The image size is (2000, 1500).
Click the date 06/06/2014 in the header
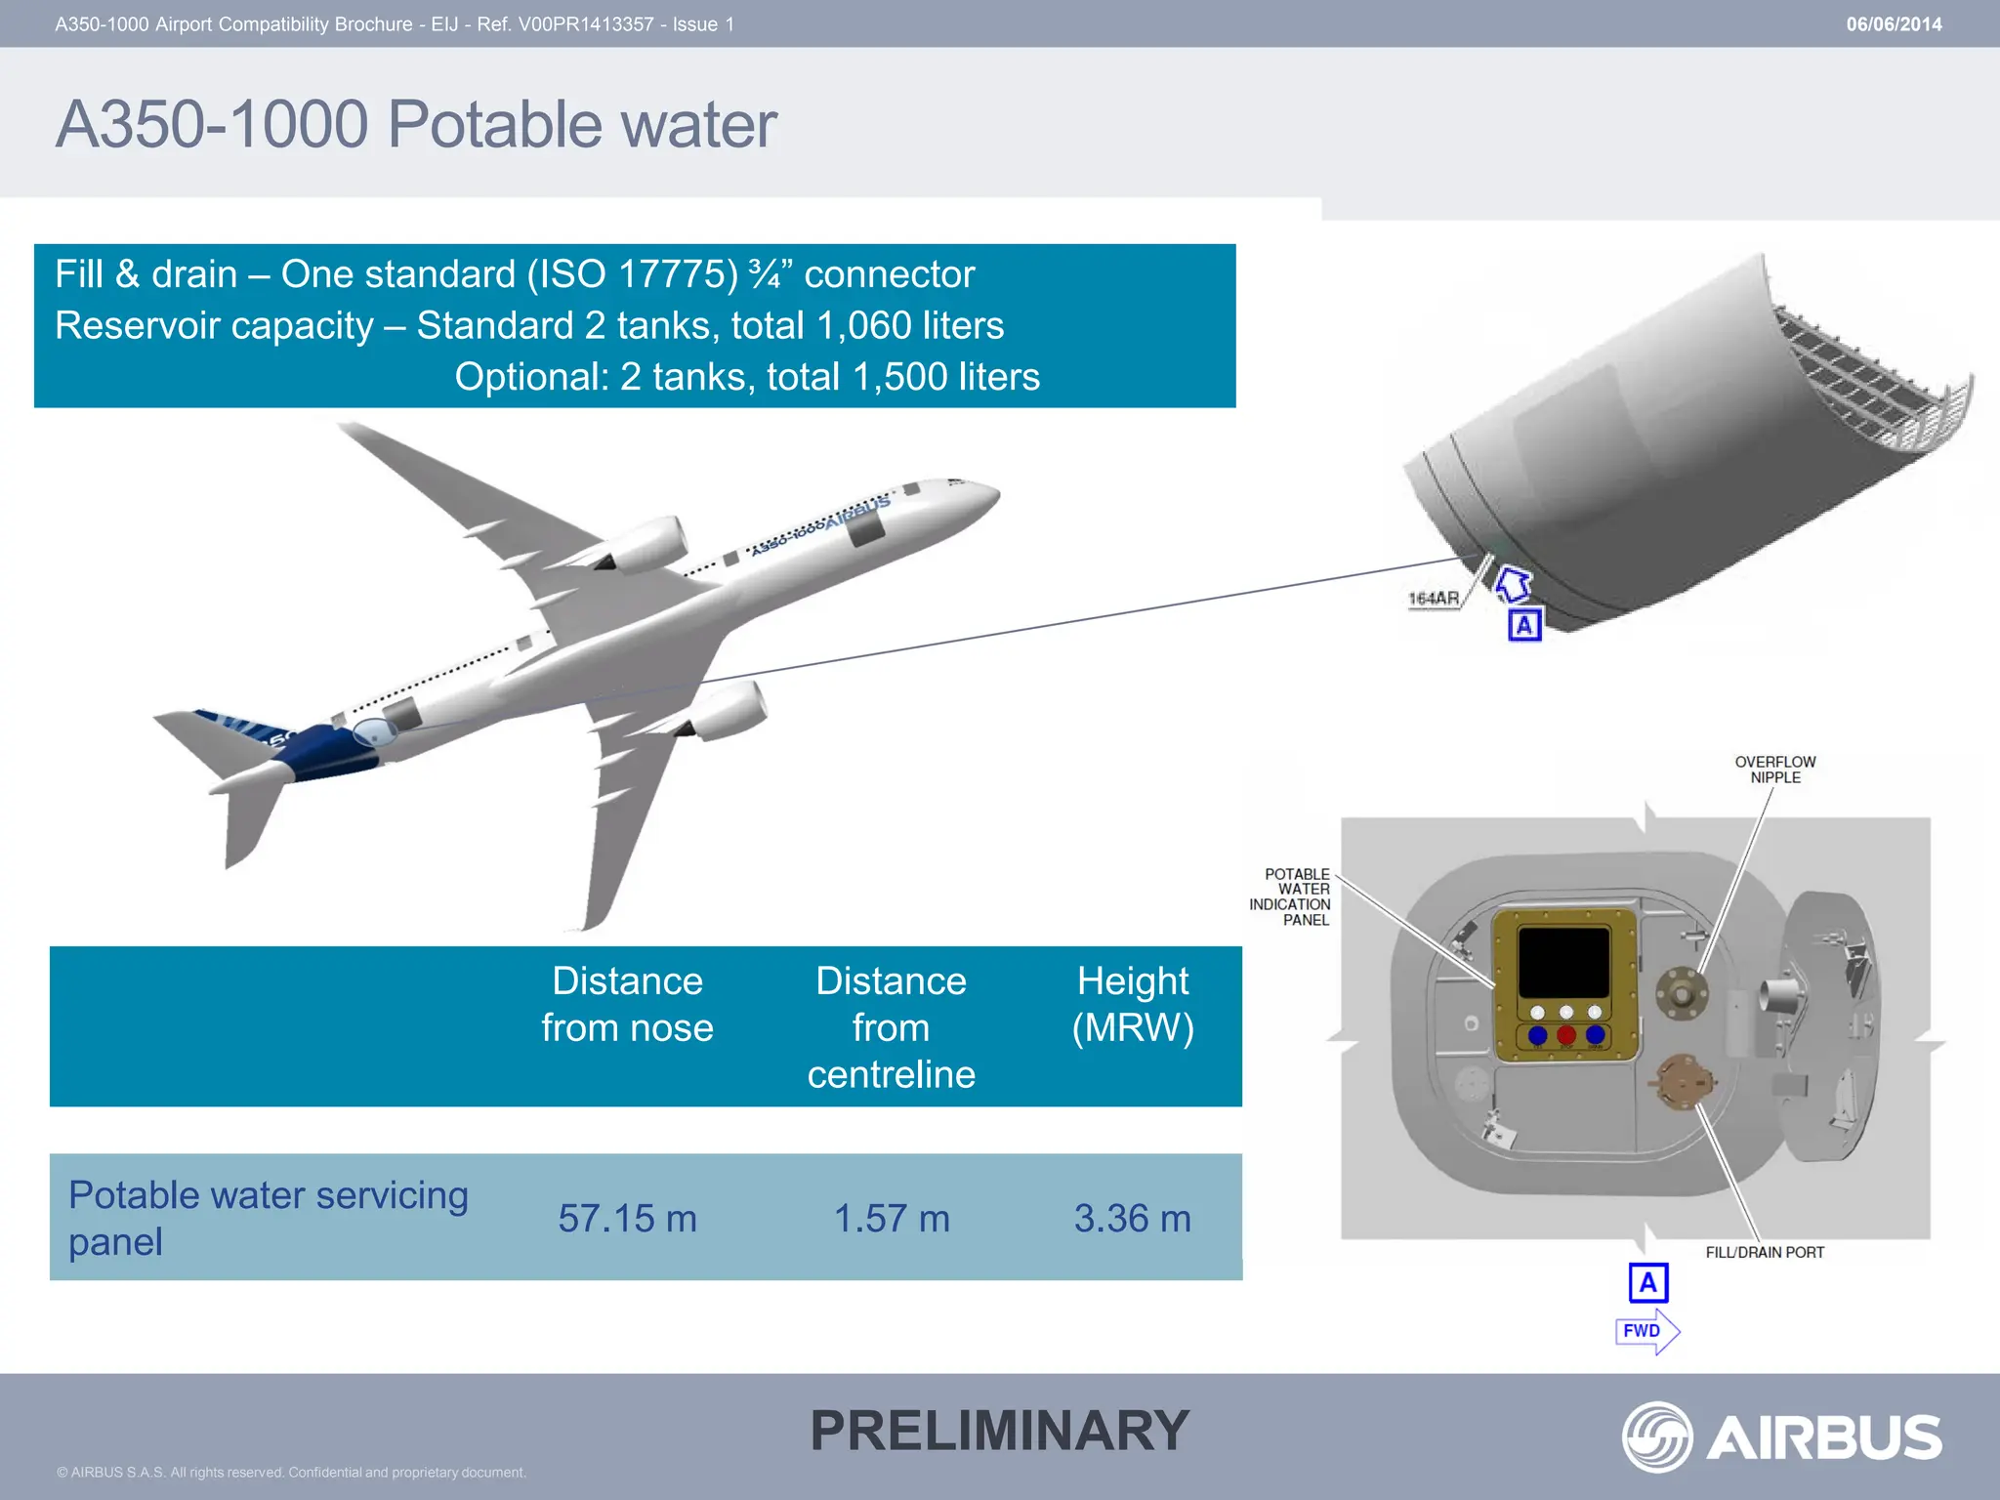1893,24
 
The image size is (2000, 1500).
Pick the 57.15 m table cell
627,1218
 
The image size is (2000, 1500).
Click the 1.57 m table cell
891,1218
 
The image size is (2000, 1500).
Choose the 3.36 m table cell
1132,1218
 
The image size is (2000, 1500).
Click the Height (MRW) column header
1132,1004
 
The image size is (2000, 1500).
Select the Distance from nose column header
627,1004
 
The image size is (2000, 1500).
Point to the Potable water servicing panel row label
268,1218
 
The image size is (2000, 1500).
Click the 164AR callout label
1433,598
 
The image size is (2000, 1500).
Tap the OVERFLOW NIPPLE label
1774,770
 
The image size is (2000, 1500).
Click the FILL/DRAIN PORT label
1764,1252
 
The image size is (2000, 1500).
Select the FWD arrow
1646,1331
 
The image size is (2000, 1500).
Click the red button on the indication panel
1566,1035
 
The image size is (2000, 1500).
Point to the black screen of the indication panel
1562,962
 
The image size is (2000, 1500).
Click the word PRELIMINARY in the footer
999,1431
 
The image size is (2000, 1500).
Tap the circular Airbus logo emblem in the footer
1656,1437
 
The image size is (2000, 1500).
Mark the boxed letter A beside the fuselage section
1524,624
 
